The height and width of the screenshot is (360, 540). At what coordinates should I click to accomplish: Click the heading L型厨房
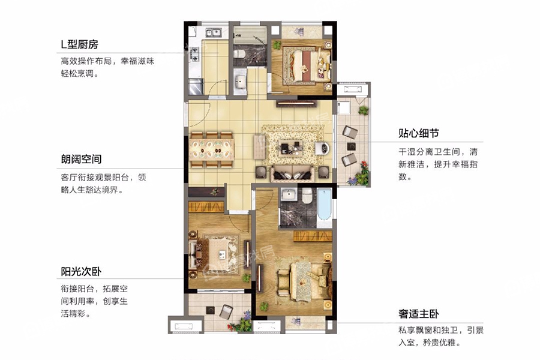80,44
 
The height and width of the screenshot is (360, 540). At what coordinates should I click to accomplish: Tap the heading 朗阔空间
81,159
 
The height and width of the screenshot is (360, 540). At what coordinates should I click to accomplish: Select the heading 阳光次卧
81,271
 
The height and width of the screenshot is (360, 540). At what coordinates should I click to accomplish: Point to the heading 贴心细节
419,133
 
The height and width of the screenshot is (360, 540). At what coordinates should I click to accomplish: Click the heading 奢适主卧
419,314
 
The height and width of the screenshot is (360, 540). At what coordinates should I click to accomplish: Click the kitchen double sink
214,33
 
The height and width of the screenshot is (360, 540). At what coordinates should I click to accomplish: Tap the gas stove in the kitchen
194,54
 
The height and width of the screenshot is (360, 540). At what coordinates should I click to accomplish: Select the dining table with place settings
211,149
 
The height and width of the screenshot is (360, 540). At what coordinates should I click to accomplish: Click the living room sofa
292,175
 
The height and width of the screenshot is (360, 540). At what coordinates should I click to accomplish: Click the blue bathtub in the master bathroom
324,204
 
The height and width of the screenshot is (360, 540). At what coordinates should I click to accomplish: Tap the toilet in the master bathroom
307,196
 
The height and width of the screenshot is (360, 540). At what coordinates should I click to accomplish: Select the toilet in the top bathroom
239,53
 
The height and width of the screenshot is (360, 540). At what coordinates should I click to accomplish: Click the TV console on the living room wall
296,103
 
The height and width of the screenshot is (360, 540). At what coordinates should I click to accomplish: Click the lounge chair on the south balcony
226,311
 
